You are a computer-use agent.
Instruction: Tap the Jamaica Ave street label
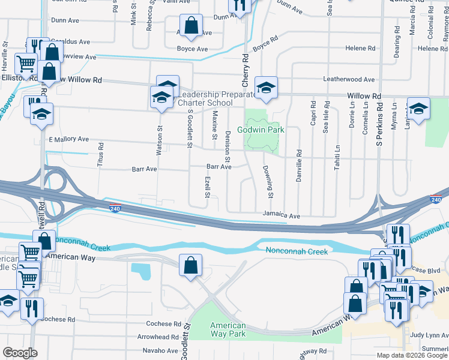281,215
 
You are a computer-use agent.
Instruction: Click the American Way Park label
228,329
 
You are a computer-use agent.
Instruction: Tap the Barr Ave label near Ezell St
218,167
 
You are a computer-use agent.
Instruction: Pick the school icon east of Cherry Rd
265,87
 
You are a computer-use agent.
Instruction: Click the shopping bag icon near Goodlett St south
190,265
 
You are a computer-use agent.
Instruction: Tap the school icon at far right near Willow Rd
418,107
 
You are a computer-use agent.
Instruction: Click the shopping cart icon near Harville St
26,62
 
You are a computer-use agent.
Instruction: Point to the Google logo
20,353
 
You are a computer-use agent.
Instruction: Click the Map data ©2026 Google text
412,355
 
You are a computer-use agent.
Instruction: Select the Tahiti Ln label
337,157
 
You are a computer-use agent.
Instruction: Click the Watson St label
160,140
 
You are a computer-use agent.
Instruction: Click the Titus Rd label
100,153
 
